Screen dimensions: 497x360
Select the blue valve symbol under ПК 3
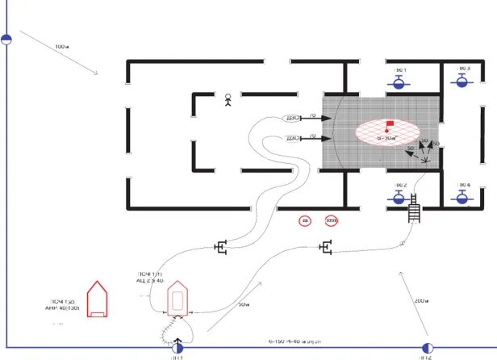point(463,81)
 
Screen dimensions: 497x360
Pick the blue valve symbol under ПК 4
point(463,196)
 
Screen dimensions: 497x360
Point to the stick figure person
point(228,101)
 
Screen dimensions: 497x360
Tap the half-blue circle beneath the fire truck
point(177,348)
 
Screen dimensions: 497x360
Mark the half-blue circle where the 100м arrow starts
point(6,38)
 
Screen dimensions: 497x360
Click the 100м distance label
point(62,47)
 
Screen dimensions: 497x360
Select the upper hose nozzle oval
point(294,118)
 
